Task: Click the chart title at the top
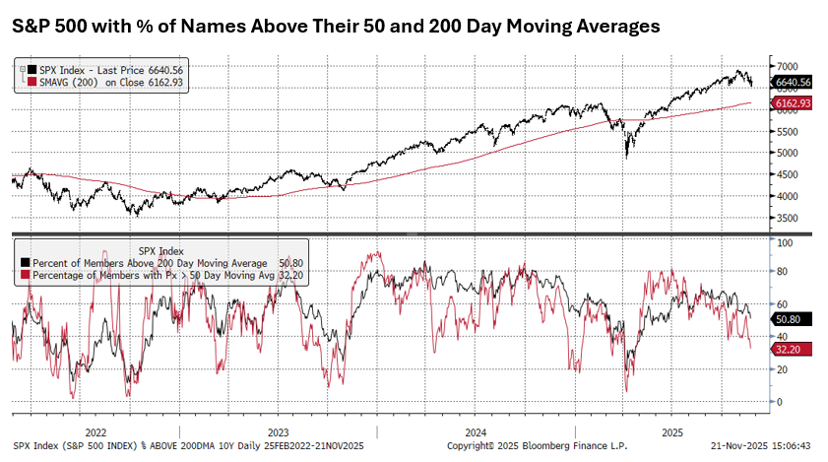(x=336, y=27)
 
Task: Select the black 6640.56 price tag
(x=793, y=82)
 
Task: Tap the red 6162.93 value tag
(x=793, y=102)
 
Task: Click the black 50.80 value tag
(x=789, y=318)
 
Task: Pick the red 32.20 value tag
(x=789, y=349)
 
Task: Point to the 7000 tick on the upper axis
(x=786, y=64)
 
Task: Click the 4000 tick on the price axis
(x=786, y=195)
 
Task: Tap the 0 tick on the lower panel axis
(x=779, y=402)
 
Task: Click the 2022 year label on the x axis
(x=96, y=431)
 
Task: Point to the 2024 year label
(x=475, y=431)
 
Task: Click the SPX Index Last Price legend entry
(x=108, y=70)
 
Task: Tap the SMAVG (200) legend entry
(x=108, y=83)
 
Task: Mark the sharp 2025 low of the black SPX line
(x=626, y=157)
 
